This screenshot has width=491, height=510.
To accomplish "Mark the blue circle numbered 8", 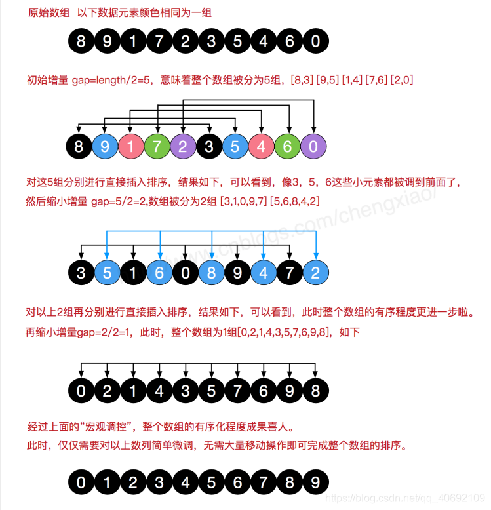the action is click(211, 273).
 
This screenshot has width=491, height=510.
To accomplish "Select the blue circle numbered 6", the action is click(159, 273).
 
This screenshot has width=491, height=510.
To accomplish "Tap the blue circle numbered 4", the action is click(264, 273).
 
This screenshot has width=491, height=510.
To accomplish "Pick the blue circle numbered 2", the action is click(315, 273).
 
